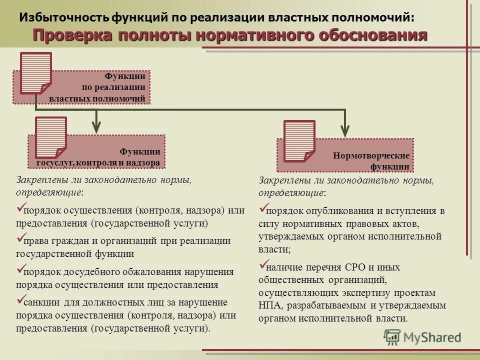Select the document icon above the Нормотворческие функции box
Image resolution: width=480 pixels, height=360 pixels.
299,141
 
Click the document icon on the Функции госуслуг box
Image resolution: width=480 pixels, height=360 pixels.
51,137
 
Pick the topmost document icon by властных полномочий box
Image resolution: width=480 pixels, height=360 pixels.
35,73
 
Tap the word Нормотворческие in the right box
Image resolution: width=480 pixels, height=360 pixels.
371,156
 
